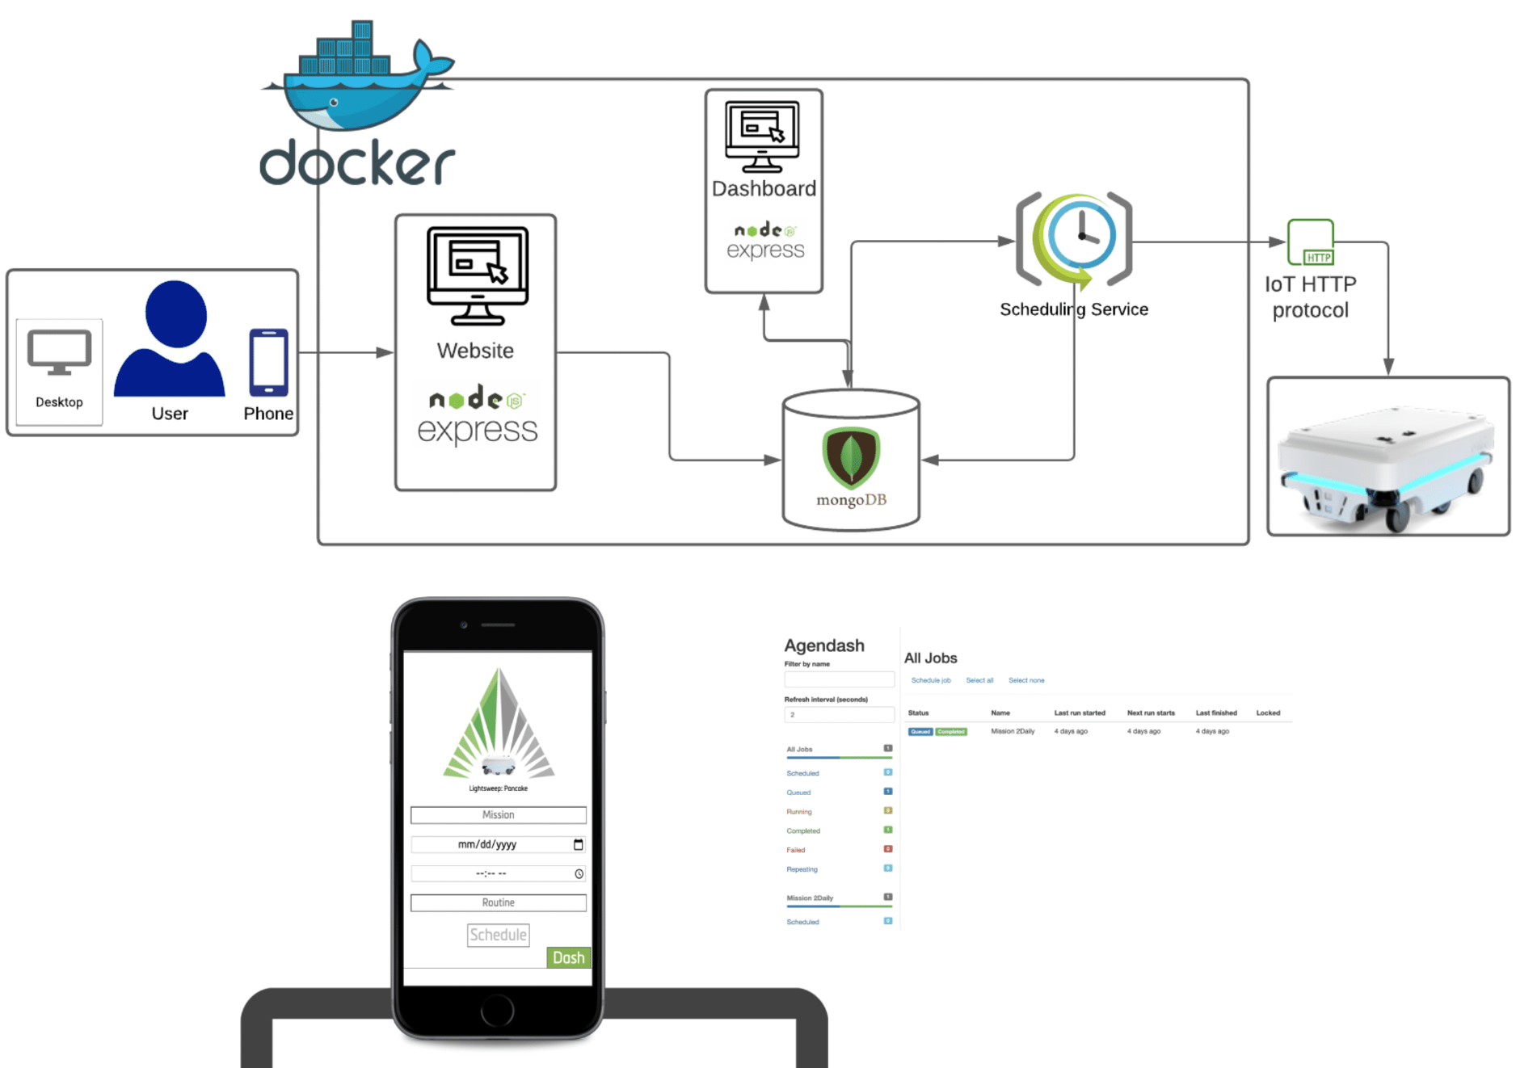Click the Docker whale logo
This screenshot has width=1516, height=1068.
tap(356, 81)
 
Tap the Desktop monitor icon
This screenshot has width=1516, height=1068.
tap(59, 353)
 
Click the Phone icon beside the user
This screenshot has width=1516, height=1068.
tap(268, 363)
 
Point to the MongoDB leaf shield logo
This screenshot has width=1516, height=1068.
tap(851, 457)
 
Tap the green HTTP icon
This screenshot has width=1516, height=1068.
tap(1310, 242)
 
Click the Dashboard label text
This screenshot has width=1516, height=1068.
tap(764, 189)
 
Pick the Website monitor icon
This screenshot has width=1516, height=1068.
tap(478, 275)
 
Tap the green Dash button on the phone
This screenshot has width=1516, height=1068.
tap(569, 957)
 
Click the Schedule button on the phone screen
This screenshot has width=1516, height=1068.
tap(498, 935)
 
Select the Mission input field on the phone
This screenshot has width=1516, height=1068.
tap(498, 814)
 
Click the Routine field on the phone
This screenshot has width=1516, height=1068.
tap(498, 902)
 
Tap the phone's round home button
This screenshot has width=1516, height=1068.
tap(497, 1010)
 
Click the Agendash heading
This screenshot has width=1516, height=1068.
tap(823, 645)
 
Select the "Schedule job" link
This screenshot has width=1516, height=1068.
tap(931, 680)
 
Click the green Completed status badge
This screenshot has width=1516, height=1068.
tap(951, 732)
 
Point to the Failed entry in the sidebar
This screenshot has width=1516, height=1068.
tap(796, 850)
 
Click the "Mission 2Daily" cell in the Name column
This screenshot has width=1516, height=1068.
tap(1013, 731)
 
